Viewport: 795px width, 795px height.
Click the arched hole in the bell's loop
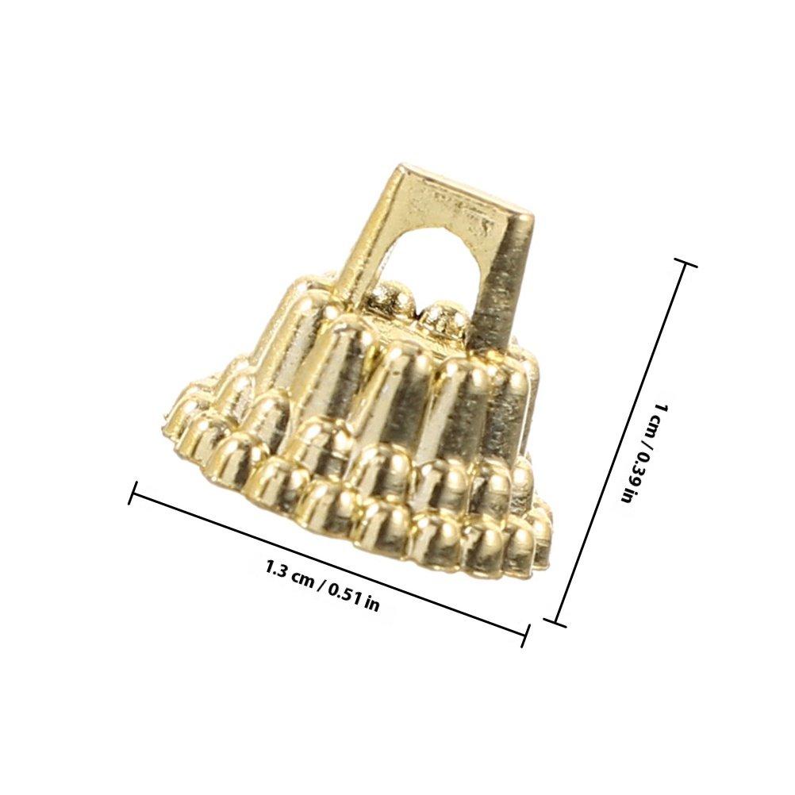(430, 263)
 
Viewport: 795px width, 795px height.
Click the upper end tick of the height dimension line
(685, 262)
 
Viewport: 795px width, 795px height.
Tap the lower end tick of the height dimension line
(555, 623)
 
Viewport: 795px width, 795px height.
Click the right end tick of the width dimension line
(526, 636)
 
